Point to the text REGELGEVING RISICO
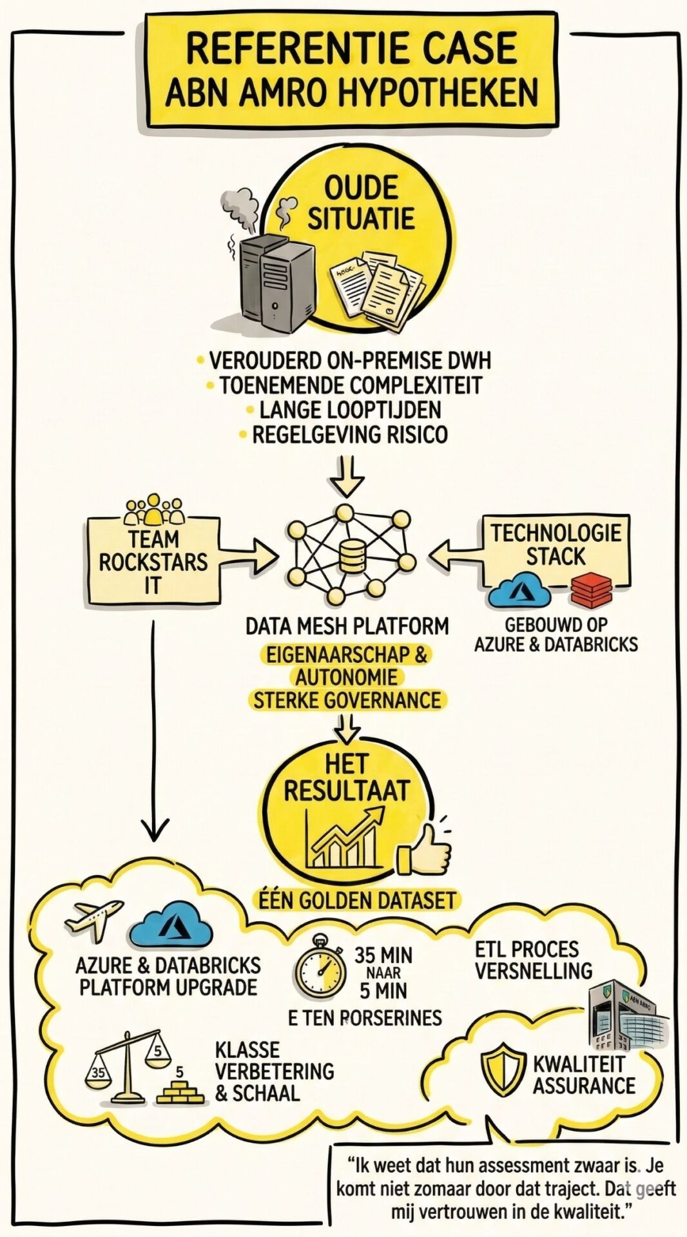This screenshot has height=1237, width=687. (349, 434)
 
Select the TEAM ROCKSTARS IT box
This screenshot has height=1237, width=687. (153, 561)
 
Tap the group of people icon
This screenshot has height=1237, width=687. (153, 508)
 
